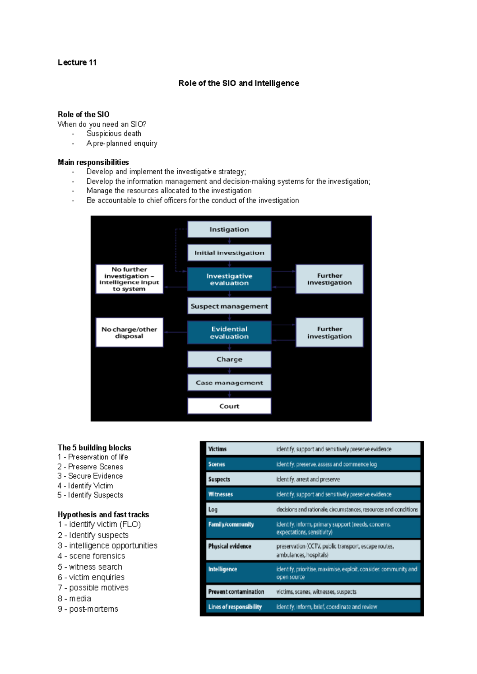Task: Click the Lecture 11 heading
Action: coord(77,62)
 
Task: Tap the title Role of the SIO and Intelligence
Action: coord(238,83)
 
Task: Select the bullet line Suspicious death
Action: coord(114,134)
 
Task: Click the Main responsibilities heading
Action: coord(93,162)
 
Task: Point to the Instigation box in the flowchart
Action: coord(229,229)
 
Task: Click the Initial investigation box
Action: coord(229,253)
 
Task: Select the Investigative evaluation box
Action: coord(229,279)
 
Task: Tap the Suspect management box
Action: coord(229,306)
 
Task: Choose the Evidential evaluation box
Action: coord(229,333)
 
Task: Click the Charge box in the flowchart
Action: coord(229,359)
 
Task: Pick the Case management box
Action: coord(229,383)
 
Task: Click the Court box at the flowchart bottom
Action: coord(229,406)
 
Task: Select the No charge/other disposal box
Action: coord(129,333)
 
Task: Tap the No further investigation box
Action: coord(129,279)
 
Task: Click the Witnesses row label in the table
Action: coord(221,495)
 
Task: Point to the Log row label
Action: coord(213,510)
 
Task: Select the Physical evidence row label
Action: coord(230,547)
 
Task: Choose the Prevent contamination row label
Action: coord(236,592)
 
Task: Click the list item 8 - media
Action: coord(74,599)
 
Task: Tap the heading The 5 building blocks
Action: coord(94,448)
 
